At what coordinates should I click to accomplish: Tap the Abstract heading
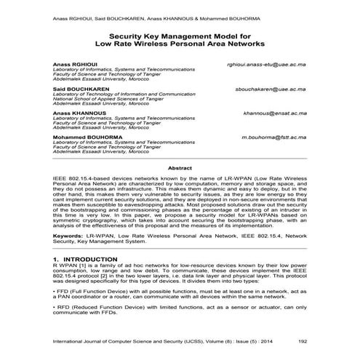[x=180, y=168]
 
